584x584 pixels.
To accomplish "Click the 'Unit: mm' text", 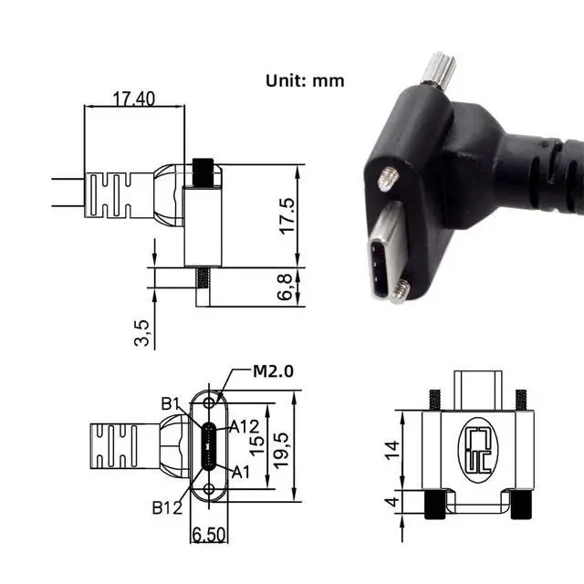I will tap(305, 80).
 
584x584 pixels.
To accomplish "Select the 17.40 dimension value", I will tap(134, 98).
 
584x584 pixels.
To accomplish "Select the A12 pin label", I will tap(244, 426).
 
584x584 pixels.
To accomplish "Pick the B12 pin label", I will tap(168, 506).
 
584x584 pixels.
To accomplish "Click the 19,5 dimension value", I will tap(284, 448).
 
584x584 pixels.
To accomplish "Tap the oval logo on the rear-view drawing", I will tap(478, 451).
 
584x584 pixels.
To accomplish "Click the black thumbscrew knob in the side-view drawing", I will tap(203, 171).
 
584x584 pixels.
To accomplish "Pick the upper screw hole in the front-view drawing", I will tap(210, 402).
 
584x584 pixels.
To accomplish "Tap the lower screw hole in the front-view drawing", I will tap(210, 490).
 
